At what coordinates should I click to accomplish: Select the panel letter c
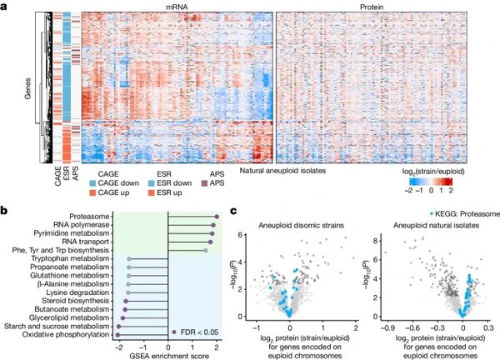tap(237, 212)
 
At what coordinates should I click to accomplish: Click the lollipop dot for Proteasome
tap(217, 217)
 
